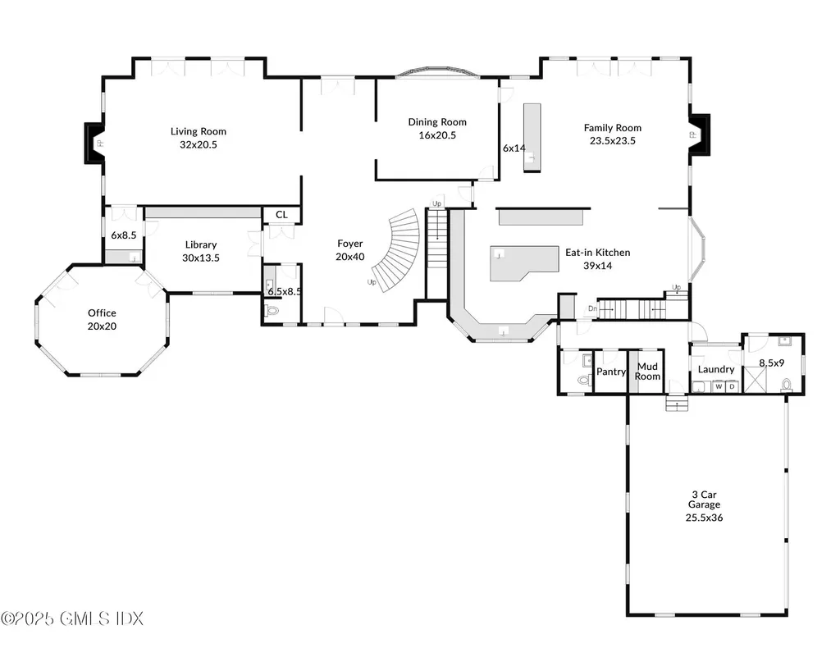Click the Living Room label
click(x=199, y=131)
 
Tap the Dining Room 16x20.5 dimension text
click(x=437, y=135)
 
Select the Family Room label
click(x=612, y=127)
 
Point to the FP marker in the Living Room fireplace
click(x=99, y=144)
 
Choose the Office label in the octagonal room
click(x=102, y=313)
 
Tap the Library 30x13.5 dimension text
click(x=201, y=258)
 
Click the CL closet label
click(x=281, y=215)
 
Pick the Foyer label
click(x=349, y=244)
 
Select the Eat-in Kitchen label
click(x=597, y=253)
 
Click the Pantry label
click(x=610, y=372)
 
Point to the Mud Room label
click(x=647, y=371)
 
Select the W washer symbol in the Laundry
click(x=719, y=386)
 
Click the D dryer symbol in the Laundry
click(x=732, y=386)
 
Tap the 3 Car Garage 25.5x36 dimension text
click(x=704, y=518)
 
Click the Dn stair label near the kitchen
click(x=592, y=308)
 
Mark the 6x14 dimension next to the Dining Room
click(x=514, y=148)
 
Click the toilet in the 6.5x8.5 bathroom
click(x=272, y=310)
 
